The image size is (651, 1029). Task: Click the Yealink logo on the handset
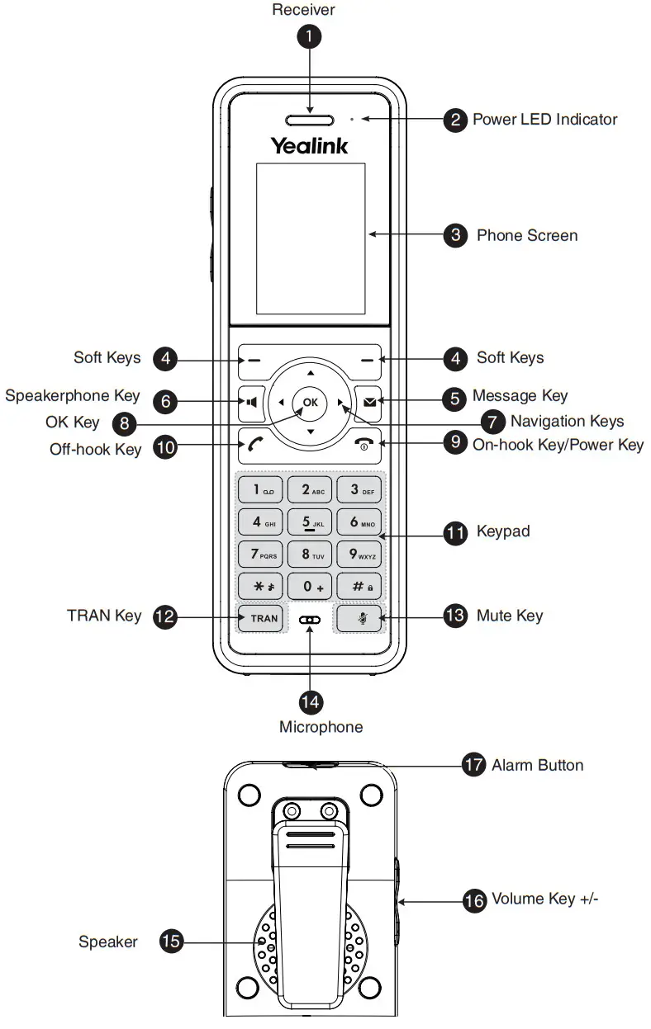(310, 146)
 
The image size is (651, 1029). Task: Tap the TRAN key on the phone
(264, 618)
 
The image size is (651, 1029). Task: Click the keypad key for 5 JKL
(310, 522)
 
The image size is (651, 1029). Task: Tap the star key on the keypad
(262, 586)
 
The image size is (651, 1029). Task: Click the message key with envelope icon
(368, 404)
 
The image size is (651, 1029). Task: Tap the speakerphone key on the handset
(249, 404)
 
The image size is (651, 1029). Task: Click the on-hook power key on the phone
(364, 444)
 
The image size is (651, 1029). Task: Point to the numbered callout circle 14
(310, 701)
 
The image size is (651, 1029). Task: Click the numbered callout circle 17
(473, 765)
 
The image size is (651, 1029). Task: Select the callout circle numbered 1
(310, 36)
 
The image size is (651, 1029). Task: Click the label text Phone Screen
(526, 236)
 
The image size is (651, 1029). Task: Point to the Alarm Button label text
(537, 765)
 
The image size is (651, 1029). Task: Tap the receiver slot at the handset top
(310, 120)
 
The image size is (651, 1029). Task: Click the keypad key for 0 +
(310, 586)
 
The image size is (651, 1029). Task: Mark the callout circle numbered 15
(171, 941)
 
